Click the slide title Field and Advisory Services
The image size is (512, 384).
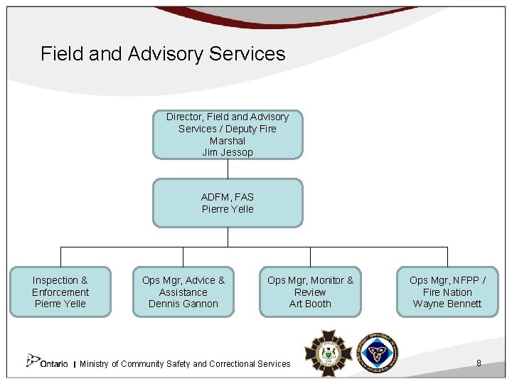click(x=163, y=54)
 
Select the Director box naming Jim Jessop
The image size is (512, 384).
click(x=228, y=134)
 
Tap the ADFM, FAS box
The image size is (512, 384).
click(x=228, y=203)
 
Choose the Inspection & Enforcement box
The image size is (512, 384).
click(x=60, y=292)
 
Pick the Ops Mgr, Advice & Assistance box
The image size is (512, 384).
click(x=183, y=292)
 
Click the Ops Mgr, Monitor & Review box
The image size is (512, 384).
click(x=310, y=292)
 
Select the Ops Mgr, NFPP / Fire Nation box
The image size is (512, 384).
click(x=447, y=292)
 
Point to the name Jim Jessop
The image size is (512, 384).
click(x=228, y=153)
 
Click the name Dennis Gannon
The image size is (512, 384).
click(x=183, y=304)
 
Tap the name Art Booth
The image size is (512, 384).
click(x=310, y=304)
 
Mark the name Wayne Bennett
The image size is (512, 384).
click(x=447, y=304)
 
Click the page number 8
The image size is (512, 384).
click(x=479, y=363)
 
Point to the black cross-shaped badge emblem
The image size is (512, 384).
click(x=327, y=352)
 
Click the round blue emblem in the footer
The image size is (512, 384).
click(x=377, y=352)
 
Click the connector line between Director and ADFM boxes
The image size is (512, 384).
click(x=228, y=169)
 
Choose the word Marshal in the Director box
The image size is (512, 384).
click(x=228, y=141)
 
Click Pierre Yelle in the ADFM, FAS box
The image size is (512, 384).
click(x=228, y=209)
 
